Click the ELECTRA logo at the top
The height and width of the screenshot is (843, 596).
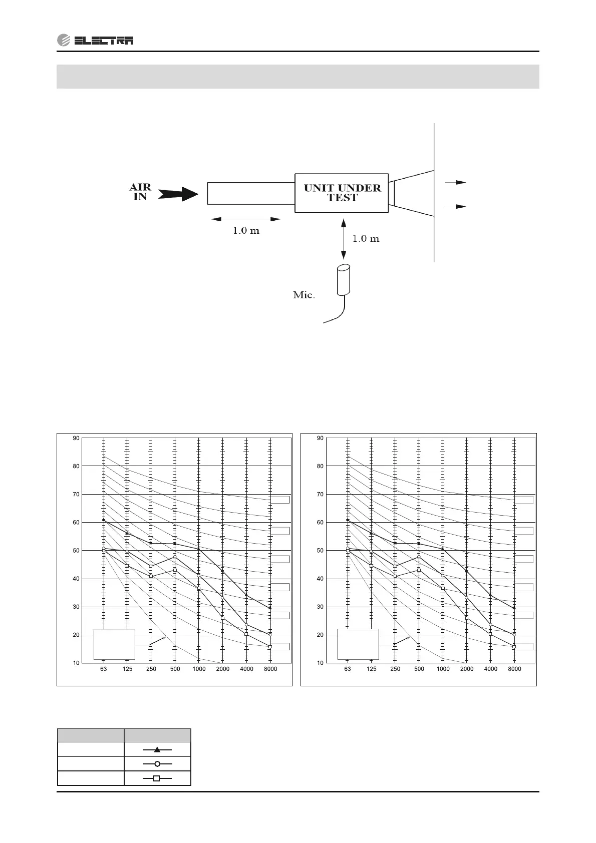95,41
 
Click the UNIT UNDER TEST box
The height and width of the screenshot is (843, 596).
342,193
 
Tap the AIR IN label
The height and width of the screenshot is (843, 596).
140,192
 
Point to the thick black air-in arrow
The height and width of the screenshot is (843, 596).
179,193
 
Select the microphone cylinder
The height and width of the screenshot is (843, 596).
344,279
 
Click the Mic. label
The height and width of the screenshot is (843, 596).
304,295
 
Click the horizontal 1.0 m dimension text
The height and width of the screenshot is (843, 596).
246,231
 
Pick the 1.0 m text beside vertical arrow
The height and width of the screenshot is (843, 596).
366,238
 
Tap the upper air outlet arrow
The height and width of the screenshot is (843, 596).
455,182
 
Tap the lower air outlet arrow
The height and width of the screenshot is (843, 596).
455,206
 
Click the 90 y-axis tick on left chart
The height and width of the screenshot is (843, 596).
76,438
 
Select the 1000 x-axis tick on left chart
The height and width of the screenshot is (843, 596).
199,669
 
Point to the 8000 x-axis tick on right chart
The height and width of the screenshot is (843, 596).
514,669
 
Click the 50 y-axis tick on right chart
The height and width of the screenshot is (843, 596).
320,551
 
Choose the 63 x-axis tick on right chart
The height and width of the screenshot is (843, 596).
348,669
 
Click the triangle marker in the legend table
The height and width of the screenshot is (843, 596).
157,749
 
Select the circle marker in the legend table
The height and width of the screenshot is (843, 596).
157,764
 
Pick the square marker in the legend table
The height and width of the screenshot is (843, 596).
157,778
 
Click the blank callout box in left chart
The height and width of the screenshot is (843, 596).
114,644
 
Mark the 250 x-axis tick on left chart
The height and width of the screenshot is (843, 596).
151,669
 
